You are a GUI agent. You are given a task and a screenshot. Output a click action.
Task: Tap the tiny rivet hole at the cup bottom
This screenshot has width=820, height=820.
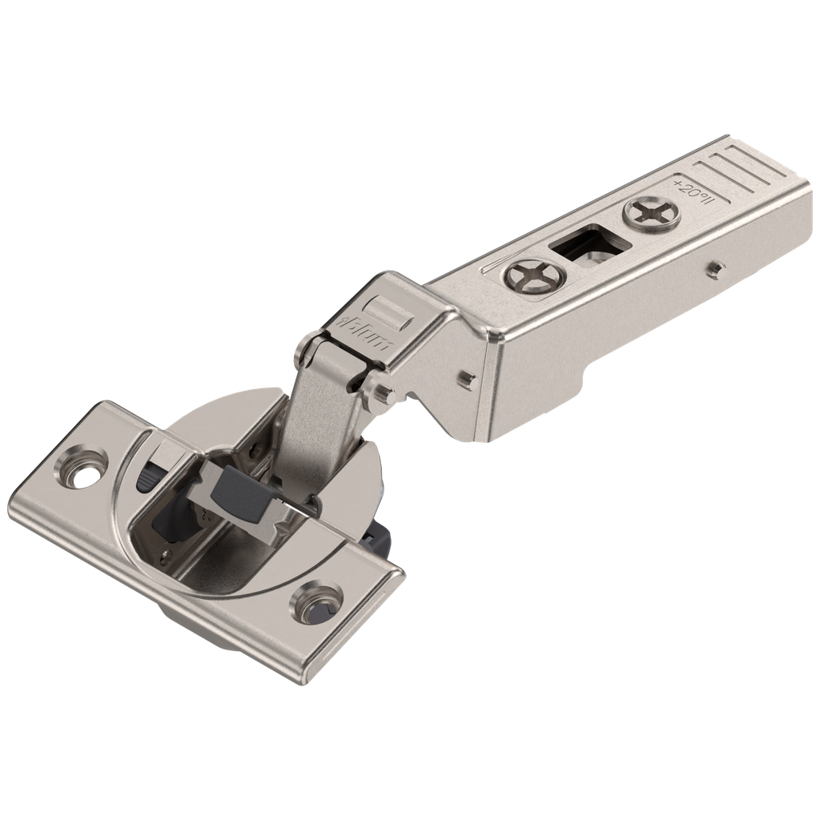point(167,553)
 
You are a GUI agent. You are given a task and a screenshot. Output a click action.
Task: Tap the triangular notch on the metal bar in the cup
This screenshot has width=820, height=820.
point(281,533)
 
